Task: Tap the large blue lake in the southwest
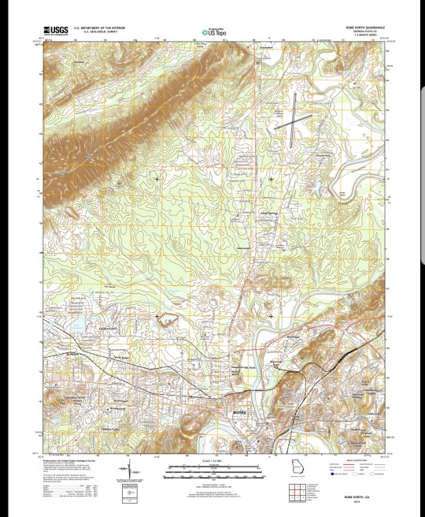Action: coord(79,323)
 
